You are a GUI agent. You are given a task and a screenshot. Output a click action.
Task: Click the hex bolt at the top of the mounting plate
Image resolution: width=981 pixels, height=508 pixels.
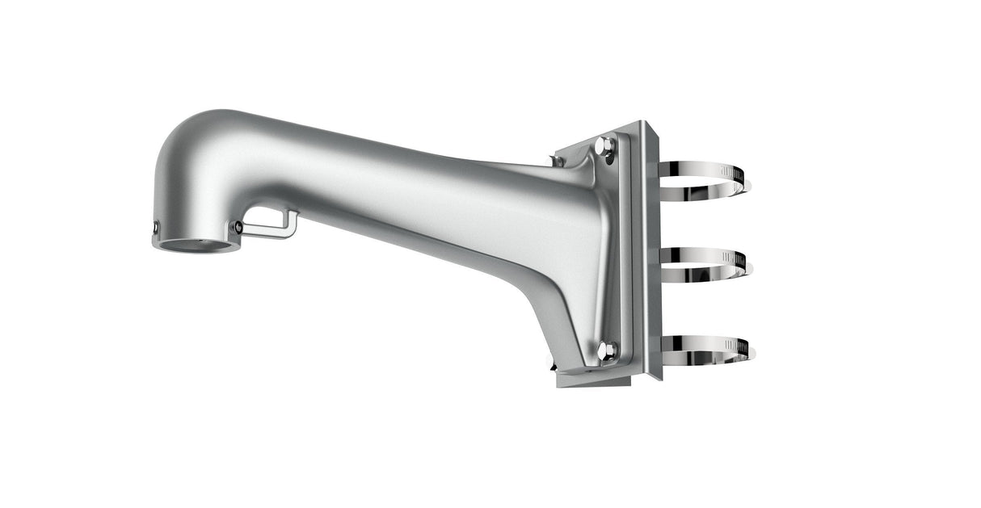point(604,147)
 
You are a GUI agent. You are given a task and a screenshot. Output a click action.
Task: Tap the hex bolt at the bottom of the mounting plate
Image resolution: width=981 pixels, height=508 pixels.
point(606,350)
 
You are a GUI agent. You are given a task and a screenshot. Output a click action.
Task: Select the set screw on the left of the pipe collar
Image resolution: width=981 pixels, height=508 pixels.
point(155,230)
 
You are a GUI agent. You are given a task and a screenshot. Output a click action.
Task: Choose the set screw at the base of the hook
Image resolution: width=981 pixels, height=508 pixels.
point(238,228)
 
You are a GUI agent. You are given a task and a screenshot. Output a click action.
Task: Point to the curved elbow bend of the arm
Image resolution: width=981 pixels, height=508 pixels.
point(194,153)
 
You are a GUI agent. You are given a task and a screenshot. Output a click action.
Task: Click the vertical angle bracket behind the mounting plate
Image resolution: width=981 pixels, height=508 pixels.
point(651,250)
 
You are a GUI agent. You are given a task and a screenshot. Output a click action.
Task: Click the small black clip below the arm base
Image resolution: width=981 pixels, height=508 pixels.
point(553,367)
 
